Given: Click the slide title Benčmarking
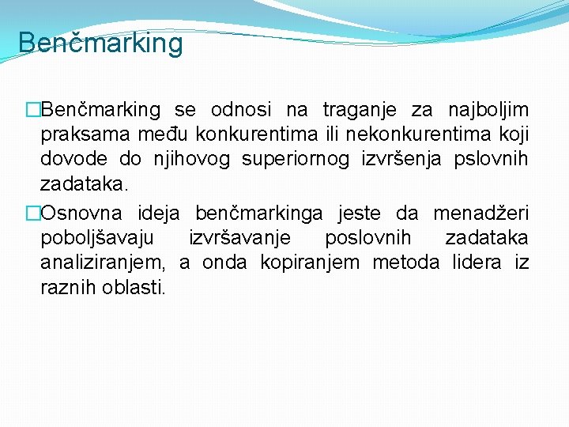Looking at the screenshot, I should [x=100, y=43].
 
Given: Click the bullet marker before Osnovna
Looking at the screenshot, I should [x=32, y=213].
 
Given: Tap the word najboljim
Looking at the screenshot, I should [x=488, y=110].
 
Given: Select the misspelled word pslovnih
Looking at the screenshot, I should [x=491, y=160].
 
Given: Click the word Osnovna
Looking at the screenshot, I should [x=82, y=213].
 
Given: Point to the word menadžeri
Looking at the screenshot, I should [x=480, y=213].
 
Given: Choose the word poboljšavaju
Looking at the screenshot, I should [x=97, y=238].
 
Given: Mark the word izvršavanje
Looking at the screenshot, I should [x=239, y=238].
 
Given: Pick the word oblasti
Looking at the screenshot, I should [x=134, y=288].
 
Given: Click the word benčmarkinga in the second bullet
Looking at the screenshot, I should [x=260, y=213].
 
